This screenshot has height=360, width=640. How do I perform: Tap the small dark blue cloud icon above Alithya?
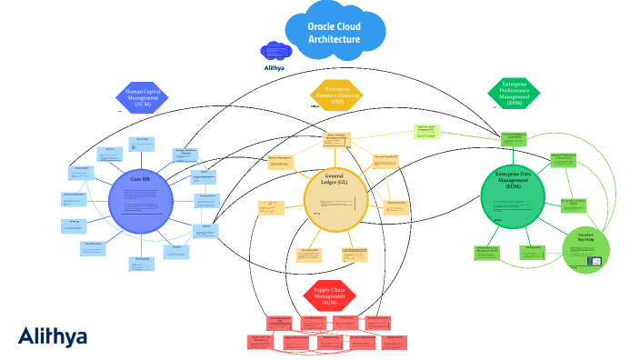pyautogui.click(x=274, y=51)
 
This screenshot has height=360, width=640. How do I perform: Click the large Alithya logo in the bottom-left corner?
pyautogui.click(x=53, y=336)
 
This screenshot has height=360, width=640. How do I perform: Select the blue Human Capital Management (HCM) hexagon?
pyautogui.click(x=142, y=97)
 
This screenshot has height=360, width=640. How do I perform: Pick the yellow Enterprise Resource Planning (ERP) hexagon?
pyautogui.click(x=332, y=93)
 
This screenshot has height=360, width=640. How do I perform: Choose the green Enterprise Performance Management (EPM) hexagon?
pyautogui.click(x=515, y=92)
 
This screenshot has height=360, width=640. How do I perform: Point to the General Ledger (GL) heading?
pyautogui.click(x=335, y=178)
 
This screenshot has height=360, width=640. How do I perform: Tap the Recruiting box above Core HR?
pyautogui.click(x=142, y=143)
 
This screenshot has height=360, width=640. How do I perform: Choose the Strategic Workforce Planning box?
pyautogui.click(x=185, y=153)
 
